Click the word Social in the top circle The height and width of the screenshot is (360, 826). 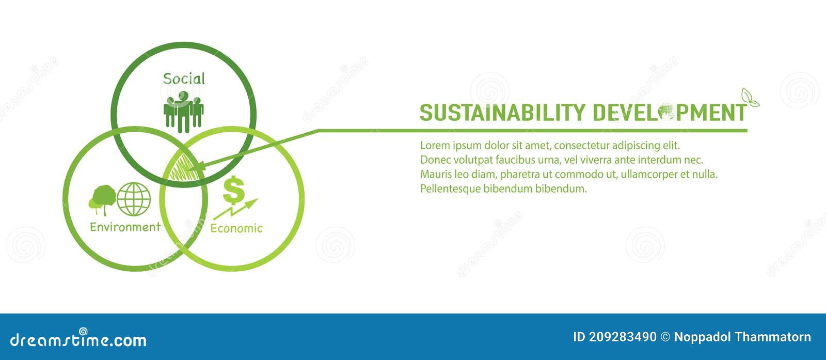tap(184, 79)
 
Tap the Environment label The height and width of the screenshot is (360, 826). tap(125, 227)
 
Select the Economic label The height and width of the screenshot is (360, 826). tap(236, 228)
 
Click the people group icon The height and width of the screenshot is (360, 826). tap(183, 111)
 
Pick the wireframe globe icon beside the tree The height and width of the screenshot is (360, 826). tap(134, 199)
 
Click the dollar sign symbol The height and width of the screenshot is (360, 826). tap(233, 190)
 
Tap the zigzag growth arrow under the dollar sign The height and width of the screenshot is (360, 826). tap(235, 209)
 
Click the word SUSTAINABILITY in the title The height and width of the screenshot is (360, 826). tap(502, 113)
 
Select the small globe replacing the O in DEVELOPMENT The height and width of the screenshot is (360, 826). tap(666, 112)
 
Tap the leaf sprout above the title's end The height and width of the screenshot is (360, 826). tap(749, 98)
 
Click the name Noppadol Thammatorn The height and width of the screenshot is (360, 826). tap(742, 337)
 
